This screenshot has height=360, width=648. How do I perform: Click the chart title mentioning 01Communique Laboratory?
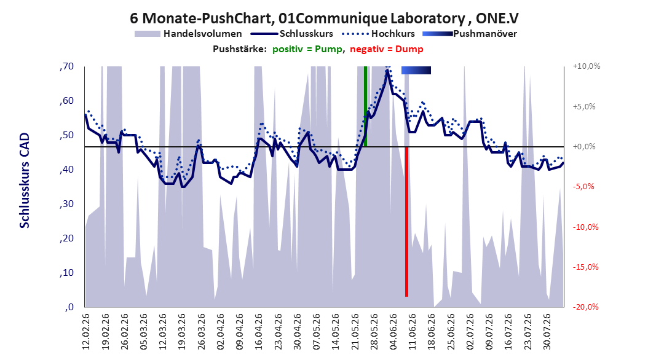coord(324,18)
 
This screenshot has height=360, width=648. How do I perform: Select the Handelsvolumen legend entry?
coord(188,34)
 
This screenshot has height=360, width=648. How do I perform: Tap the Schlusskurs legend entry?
coord(292,34)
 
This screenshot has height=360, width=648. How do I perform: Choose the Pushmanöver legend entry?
coord(470,34)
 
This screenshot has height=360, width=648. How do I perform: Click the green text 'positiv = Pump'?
coord(307,49)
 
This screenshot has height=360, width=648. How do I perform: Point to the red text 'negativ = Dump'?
coord(387,49)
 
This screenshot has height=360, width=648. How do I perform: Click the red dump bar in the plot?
coord(406,221)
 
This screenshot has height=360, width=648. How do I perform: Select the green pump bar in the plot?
coord(365,106)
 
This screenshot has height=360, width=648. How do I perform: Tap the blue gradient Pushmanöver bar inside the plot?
coord(416,71)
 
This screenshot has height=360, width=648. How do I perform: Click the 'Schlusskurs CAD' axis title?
coord(25,181)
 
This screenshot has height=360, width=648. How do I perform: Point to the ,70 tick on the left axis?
coord(66,66)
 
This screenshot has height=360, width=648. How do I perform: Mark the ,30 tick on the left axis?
coord(66,204)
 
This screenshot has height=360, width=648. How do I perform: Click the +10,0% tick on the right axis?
coord(587,66)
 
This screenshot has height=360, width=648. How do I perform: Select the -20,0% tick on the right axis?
coord(585,307)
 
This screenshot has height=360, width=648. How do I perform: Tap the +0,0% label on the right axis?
coord(584,147)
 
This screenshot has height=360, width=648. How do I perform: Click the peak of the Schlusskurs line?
coord(387,71)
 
